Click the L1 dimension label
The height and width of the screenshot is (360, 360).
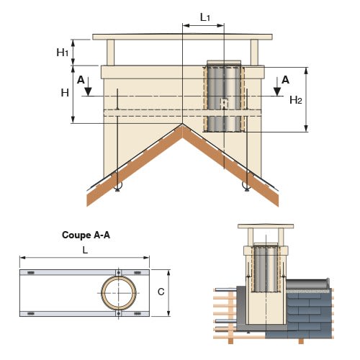(205, 17)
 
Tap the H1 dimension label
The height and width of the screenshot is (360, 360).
(63, 52)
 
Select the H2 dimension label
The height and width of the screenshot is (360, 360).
(296, 100)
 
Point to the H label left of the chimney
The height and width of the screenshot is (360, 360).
(65, 93)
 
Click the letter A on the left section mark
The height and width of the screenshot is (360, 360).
(81, 80)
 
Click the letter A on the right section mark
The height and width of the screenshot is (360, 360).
(285, 80)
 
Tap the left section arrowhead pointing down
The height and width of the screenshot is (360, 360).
(88, 91)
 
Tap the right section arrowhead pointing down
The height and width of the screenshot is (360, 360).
(277, 91)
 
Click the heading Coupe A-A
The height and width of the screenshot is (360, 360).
(86, 235)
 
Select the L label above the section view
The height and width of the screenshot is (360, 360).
(85, 251)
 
